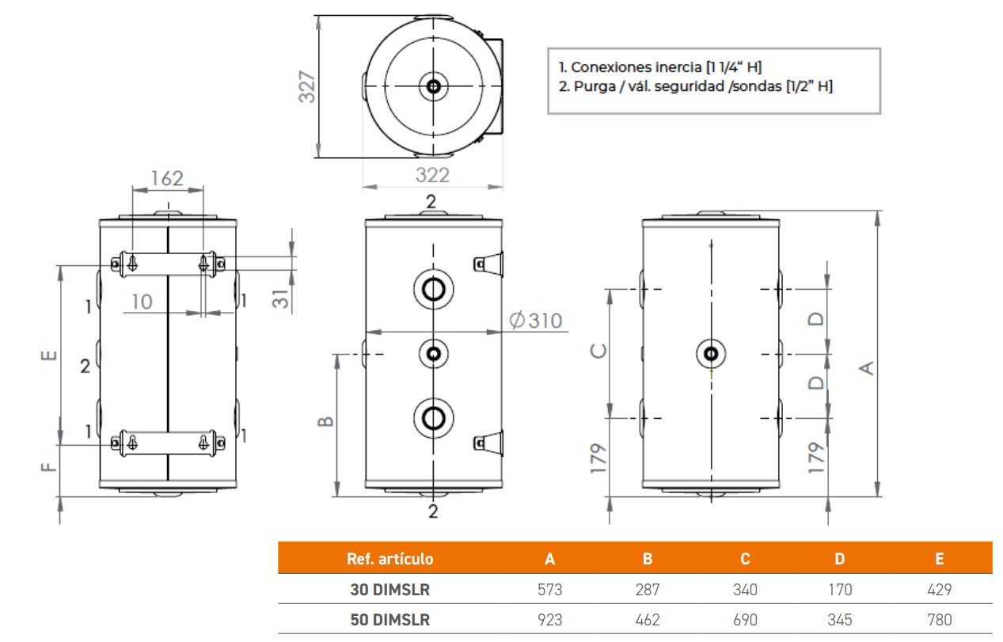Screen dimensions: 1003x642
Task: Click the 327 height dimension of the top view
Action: (x=307, y=87)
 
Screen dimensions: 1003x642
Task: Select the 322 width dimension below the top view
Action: (x=432, y=175)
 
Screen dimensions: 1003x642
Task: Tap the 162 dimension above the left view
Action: (x=167, y=179)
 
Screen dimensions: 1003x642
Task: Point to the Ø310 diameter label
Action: (x=535, y=321)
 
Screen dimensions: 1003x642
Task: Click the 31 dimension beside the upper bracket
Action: (x=281, y=298)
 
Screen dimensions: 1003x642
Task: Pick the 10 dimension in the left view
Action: (x=142, y=302)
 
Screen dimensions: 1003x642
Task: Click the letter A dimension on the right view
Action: (x=867, y=368)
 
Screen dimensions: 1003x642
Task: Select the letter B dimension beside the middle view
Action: (x=325, y=421)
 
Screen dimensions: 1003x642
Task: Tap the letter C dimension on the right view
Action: (x=598, y=351)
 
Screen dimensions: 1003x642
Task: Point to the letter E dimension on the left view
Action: (x=49, y=355)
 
